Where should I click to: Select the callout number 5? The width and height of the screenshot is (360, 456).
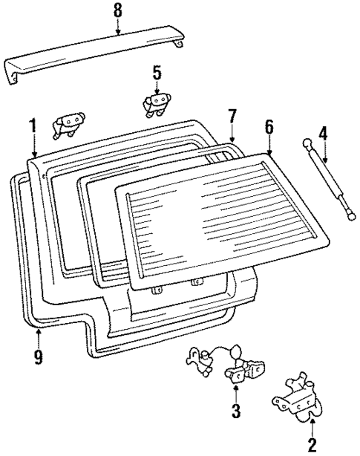157,73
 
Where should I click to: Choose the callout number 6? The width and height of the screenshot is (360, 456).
269,126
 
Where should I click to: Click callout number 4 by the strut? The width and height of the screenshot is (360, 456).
322,134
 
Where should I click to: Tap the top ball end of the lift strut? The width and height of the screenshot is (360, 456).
305,141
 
